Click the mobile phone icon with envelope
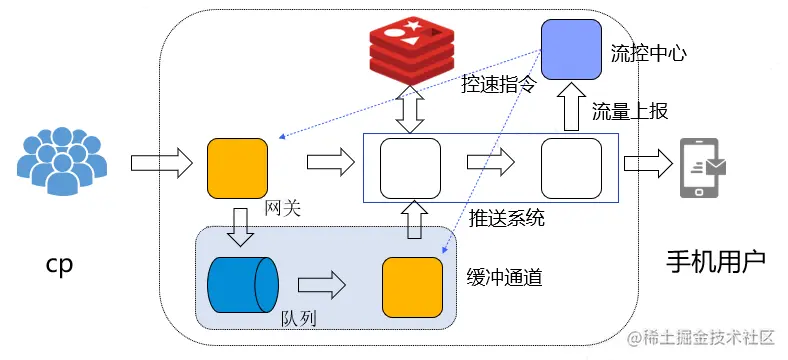[x=703, y=165]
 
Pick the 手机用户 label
[x=716, y=262]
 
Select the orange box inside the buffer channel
[x=412, y=287]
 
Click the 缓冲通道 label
[x=505, y=276]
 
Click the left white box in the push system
[x=410, y=168]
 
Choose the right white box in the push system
[x=571, y=168]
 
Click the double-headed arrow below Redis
[x=410, y=110]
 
